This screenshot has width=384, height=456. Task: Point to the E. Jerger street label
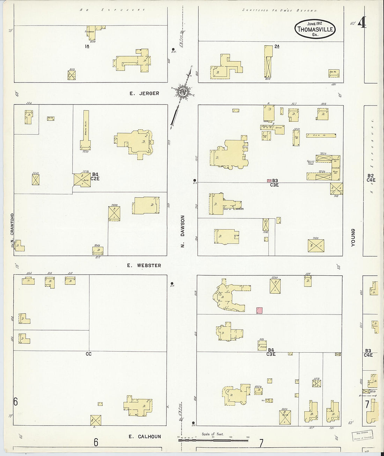144,93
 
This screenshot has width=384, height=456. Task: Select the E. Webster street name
144,266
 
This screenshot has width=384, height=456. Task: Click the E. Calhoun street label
145,436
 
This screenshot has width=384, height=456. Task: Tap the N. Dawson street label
182,231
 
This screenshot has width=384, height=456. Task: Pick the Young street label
353,238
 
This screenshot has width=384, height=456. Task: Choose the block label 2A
277,46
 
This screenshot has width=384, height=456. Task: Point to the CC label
89,354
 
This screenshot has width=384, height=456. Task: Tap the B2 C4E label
370,178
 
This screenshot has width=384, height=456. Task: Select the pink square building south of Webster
259,310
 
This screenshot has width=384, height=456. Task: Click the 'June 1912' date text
314,23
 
